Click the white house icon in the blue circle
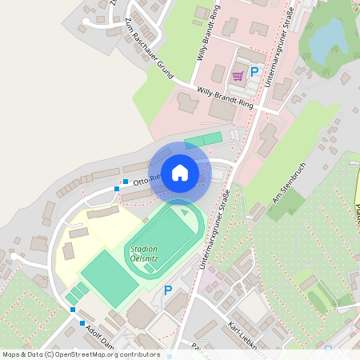tap(180, 172)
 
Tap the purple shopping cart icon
tap(238, 76)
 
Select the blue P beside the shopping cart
tap(254, 72)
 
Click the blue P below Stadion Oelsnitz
tap(168, 290)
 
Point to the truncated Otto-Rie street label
tap(147, 178)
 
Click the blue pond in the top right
tap(327, 40)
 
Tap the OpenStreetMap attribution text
tap(80, 354)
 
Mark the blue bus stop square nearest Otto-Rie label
tap(125, 182)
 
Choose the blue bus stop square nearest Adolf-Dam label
tap(82, 323)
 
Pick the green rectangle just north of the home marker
tap(203, 141)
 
